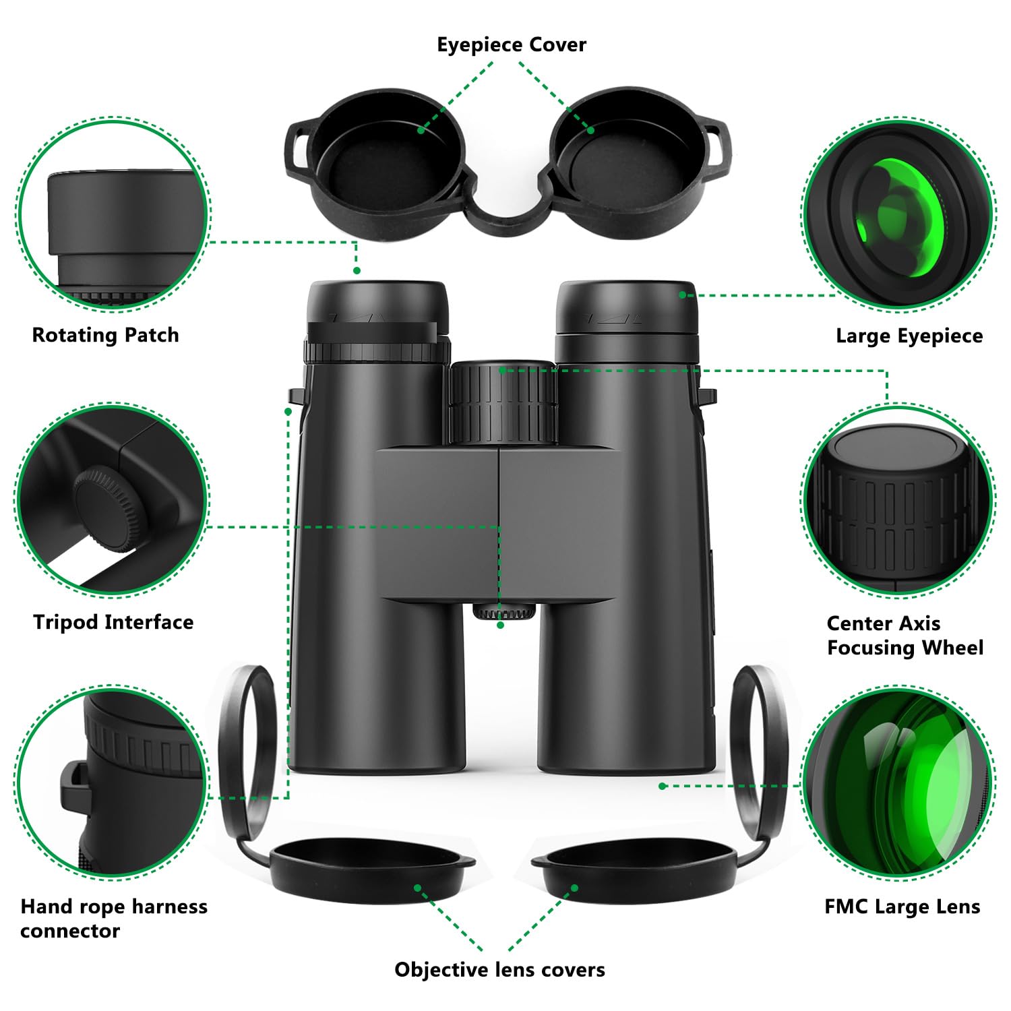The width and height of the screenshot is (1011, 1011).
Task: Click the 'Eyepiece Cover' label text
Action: (512, 44)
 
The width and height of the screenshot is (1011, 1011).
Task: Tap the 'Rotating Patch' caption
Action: (106, 335)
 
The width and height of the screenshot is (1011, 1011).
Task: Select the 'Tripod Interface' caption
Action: (113, 621)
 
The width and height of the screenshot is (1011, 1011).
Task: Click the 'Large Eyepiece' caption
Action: (909, 336)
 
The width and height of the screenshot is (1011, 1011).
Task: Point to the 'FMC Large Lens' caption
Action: (902, 907)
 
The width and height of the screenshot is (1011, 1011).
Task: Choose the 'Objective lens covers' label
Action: (499, 969)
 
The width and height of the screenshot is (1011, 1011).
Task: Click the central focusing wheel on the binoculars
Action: (503, 402)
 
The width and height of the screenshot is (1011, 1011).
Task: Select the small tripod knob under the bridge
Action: (504, 611)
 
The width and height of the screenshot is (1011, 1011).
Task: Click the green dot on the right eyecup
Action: (683, 295)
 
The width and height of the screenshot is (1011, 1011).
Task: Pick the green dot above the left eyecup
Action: (357, 270)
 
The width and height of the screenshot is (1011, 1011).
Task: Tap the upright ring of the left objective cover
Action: (248, 748)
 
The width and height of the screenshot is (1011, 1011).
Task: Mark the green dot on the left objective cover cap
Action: (418, 888)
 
